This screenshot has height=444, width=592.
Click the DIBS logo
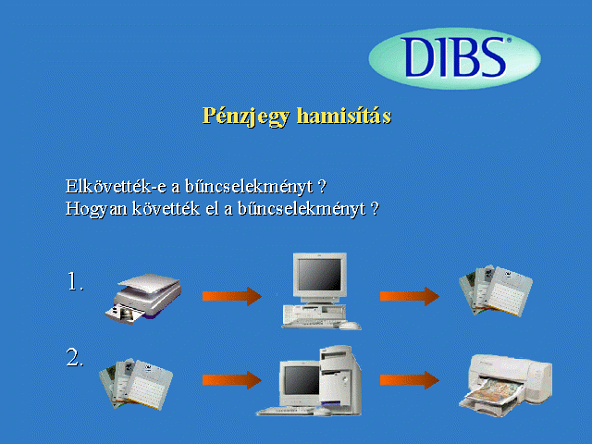(x=454, y=58)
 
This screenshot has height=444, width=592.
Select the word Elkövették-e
(x=116, y=186)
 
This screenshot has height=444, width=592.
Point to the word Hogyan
(x=96, y=209)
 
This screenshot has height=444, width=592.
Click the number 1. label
(x=76, y=281)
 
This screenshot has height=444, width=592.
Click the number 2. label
(x=75, y=357)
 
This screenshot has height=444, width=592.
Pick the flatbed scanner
(x=143, y=299)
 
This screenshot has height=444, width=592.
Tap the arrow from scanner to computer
(x=232, y=296)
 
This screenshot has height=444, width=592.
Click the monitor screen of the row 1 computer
(x=319, y=274)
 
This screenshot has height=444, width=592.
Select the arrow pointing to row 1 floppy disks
(x=410, y=296)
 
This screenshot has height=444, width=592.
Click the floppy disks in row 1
(x=496, y=290)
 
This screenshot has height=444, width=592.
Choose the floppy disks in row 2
(x=136, y=384)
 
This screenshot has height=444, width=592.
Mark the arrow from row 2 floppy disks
(x=232, y=380)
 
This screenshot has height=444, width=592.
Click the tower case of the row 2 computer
(x=340, y=379)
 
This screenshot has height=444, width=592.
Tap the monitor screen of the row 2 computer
(x=302, y=380)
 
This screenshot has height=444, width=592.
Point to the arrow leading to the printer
(x=410, y=380)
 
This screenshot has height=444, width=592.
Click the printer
(x=506, y=385)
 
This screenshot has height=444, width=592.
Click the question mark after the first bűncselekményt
(x=322, y=186)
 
